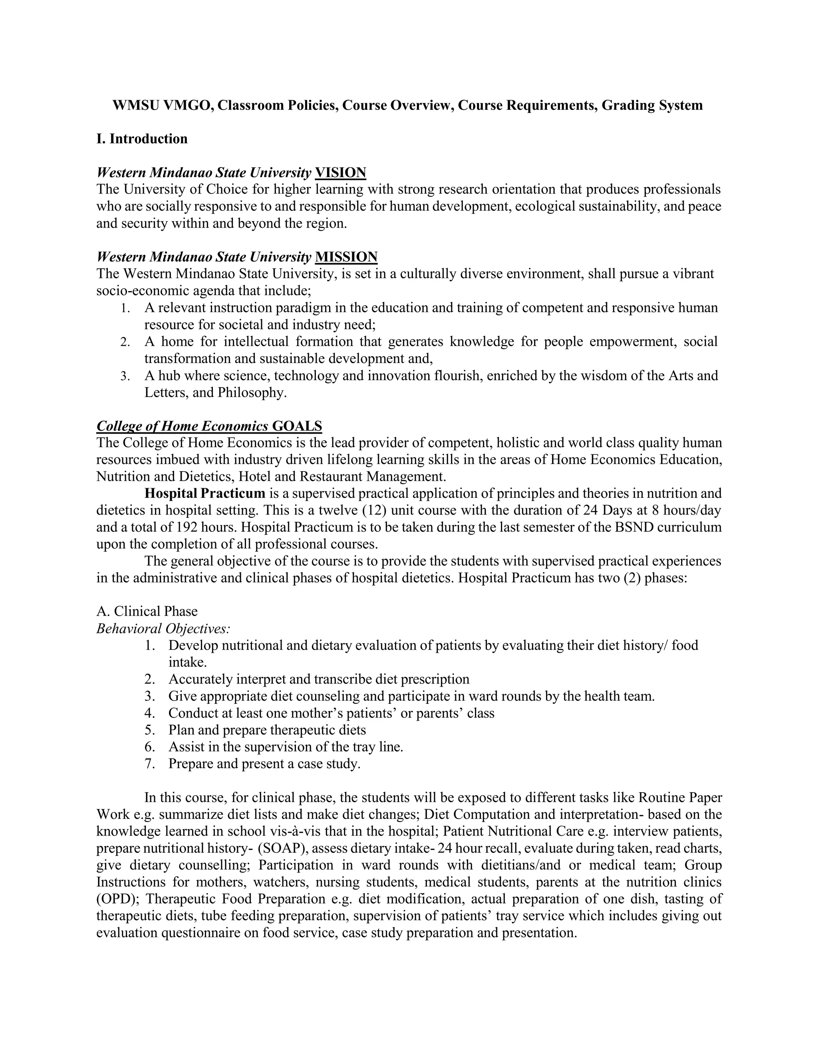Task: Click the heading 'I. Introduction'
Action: coord(141,139)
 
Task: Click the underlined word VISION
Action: coord(340,172)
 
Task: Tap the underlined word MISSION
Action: coord(346,257)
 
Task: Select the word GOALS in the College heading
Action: coord(297,426)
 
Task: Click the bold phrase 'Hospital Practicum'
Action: coord(204,493)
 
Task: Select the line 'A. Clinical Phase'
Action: coord(147,611)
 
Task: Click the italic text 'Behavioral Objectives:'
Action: coord(163,629)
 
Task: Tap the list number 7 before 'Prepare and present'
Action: coord(150,764)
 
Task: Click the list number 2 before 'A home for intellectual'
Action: coord(125,342)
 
